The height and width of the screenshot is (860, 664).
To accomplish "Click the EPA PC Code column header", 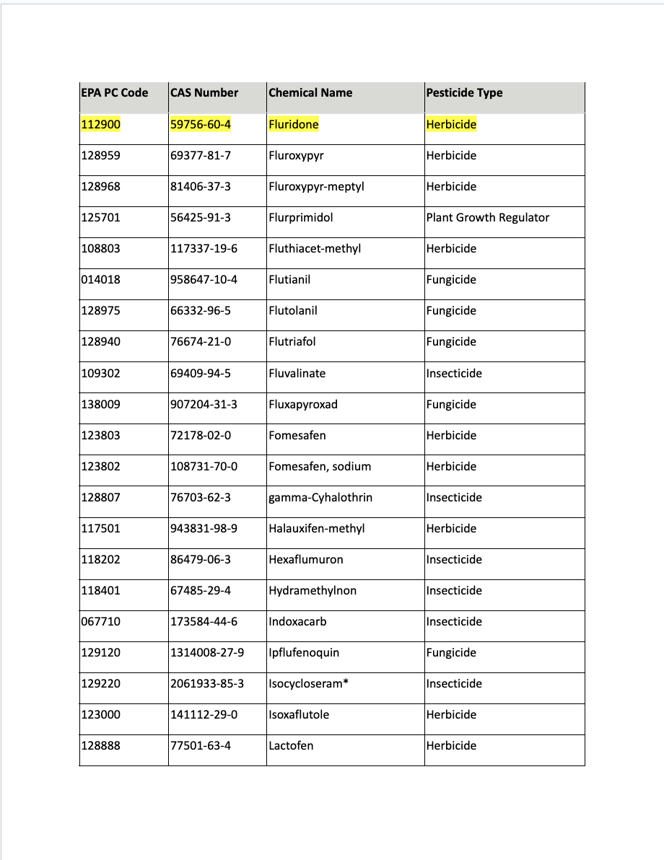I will click(x=115, y=92).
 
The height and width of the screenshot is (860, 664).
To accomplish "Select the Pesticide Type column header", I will click(x=464, y=92).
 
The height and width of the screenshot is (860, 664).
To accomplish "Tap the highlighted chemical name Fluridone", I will click(x=293, y=124).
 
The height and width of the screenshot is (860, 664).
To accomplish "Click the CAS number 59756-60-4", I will click(x=201, y=124).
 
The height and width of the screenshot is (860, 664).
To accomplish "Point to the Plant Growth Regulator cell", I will click(x=487, y=217).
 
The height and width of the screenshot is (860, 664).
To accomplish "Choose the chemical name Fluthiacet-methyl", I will click(x=314, y=248).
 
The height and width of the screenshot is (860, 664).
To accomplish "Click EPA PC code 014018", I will click(x=100, y=279).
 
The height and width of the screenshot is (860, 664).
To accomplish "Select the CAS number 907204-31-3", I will click(x=204, y=404).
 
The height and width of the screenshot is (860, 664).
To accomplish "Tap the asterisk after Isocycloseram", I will click(x=346, y=682).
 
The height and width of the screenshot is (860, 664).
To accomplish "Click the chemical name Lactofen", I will click(x=291, y=745).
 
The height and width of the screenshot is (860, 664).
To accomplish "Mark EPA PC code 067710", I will click(x=100, y=621).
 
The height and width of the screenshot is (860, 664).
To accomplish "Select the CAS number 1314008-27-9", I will click(x=207, y=652).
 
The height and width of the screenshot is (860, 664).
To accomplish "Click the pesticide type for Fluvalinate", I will click(x=453, y=373).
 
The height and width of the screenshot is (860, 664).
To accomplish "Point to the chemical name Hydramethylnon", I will click(x=313, y=590).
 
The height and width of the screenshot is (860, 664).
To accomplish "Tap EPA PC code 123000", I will click(x=100, y=714).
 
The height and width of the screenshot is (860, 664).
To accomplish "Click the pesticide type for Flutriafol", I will click(x=451, y=342).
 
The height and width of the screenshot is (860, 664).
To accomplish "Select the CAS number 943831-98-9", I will click(x=204, y=528).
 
